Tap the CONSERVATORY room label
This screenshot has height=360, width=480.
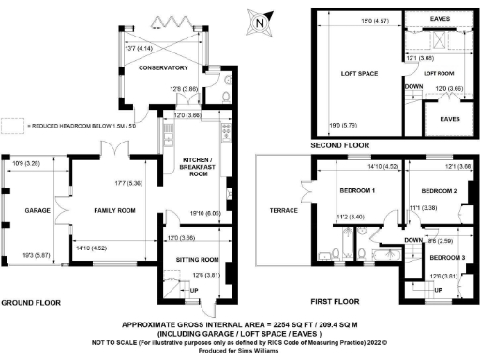[157, 67]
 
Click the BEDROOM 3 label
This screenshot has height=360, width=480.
[448, 256]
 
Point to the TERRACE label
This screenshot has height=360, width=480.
[283, 210]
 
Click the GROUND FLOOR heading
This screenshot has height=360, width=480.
[31, 303]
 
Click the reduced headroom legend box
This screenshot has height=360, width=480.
[12, 124]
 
